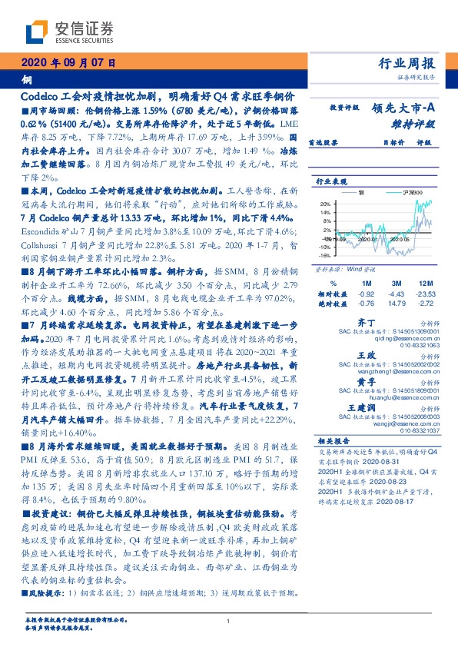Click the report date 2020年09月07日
tap(68, 64)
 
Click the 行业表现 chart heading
tap(330, 182)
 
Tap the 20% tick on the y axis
tap(326, 204)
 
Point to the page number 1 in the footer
tap(229, 621)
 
